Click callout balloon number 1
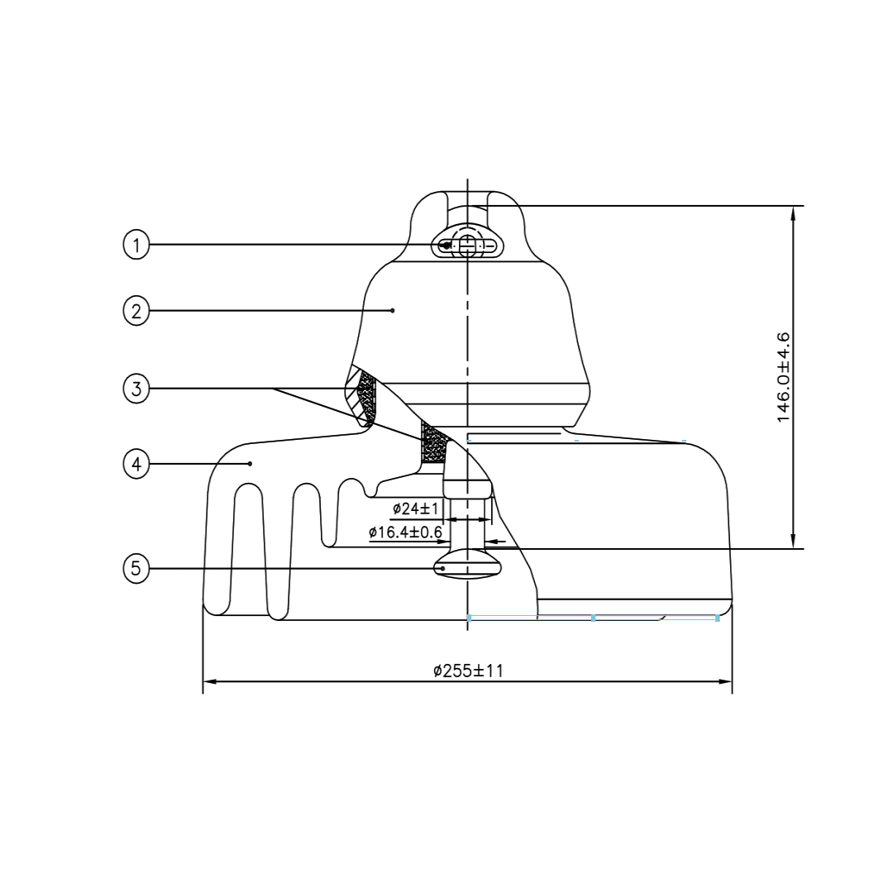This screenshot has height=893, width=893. pos(136,245)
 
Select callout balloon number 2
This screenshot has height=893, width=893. pos(136,311)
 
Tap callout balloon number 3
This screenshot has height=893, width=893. pos(136,389)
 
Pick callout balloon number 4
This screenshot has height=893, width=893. pos(136,464)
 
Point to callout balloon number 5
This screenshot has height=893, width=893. pos(136,569)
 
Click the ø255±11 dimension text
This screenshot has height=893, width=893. pos(468,671)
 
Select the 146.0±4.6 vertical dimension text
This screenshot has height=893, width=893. pos(783,377)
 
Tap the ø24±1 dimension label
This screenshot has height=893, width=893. pos(416,508)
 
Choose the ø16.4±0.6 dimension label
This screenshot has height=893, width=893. pos(405,532)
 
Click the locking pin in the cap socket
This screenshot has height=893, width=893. pos(469,246)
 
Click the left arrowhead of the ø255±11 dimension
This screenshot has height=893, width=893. pos(209,681)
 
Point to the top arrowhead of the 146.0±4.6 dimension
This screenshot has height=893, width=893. pos(793,213)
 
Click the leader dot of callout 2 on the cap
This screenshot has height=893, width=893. pos(393,311)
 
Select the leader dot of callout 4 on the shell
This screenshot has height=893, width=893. pos(251,464)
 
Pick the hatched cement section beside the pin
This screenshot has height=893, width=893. pos(432,444)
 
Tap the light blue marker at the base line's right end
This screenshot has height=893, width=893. pos(717,618)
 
